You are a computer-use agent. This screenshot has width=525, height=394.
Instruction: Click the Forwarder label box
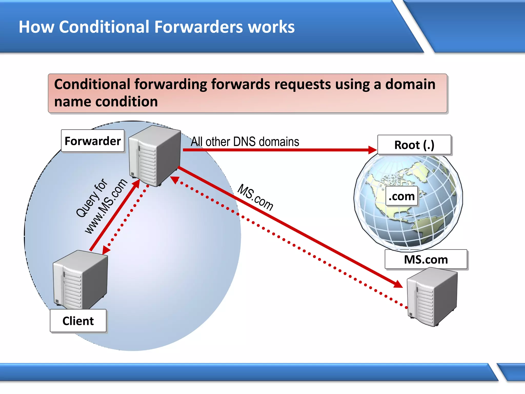point(93,141)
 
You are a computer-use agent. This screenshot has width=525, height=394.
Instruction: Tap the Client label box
point(78,321)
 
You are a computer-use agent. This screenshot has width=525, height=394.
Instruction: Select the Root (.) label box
point(414,145)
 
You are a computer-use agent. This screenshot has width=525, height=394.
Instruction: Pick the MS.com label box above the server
point(426,259)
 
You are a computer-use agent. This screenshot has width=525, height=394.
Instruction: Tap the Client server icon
point(80,280)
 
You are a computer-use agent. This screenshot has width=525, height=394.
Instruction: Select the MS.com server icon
point(432,297)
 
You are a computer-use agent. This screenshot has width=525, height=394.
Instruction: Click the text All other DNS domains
point(245,142)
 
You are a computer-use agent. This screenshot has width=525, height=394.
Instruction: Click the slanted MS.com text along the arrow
point(255,197)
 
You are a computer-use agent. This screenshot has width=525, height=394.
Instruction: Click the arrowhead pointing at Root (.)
point(372,150)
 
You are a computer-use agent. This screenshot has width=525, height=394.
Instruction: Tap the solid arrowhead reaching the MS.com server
point(398,284)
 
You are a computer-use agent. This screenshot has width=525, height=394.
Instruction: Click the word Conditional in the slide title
point(104,27)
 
